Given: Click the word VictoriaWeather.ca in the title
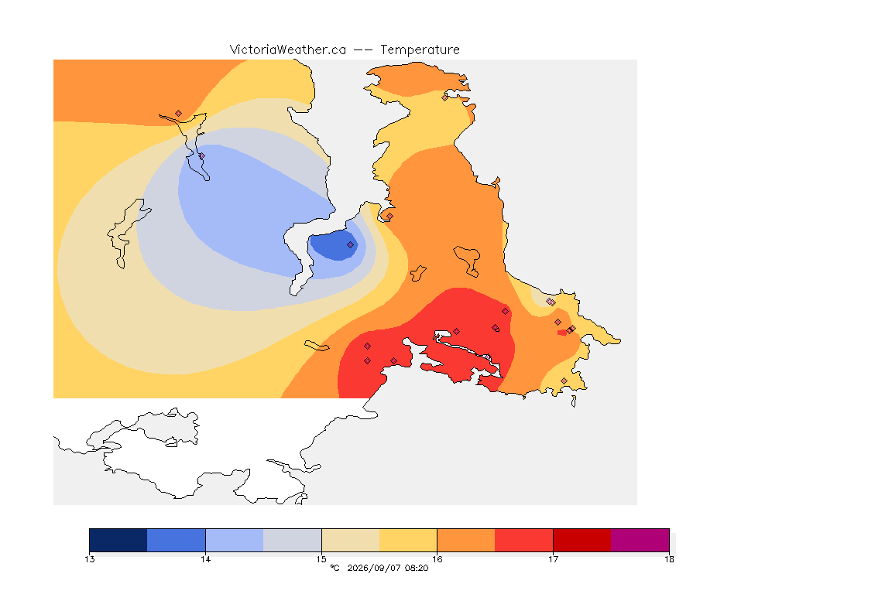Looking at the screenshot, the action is coord(288,50).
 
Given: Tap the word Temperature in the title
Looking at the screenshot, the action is coord(420,50).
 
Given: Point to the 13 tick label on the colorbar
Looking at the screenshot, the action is coord(89,559).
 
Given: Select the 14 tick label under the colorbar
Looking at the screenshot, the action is coord(205,559).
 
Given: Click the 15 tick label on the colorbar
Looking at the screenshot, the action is coord(321,559).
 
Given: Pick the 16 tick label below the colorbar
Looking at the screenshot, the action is coord(437,559).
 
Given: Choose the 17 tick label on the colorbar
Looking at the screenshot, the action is coord(553,559).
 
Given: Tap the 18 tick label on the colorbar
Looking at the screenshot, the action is coord(669,559).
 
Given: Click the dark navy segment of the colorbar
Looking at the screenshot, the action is coord(118,540).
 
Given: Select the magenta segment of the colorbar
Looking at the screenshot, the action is coord(640,540).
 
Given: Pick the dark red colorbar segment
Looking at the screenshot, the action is coord(582,540).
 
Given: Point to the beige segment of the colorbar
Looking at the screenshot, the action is coord(351,540).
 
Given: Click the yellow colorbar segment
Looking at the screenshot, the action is coord(408,540).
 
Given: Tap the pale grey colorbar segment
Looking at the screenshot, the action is coord(293,540).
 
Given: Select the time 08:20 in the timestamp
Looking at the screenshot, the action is coord(417,568).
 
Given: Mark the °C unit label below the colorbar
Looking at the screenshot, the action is coord(334,568).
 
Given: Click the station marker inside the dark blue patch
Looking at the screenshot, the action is coord(351,245).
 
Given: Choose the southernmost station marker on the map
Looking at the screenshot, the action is coord(564,381).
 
